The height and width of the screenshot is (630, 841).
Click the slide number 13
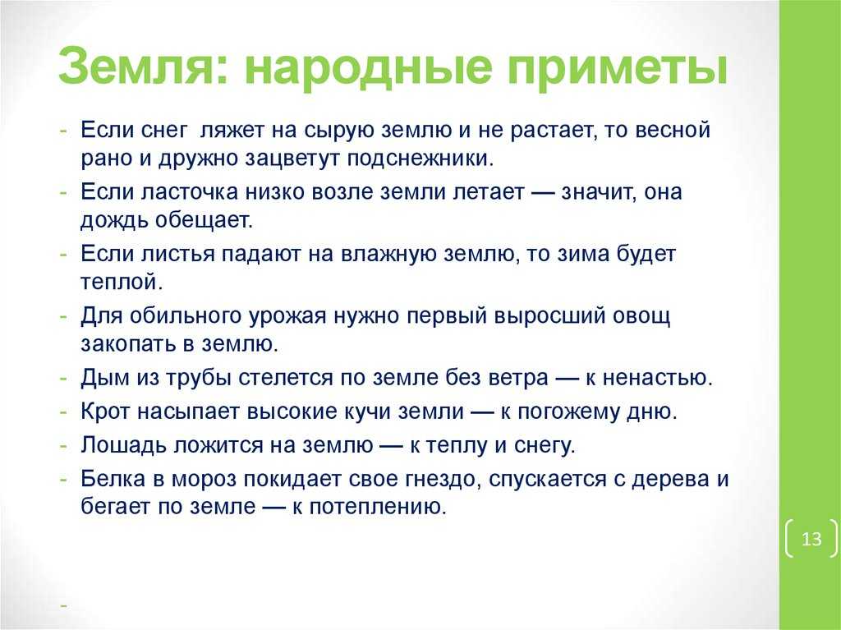811,538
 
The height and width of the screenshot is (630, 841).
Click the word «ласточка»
190,191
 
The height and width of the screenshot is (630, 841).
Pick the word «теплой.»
122,283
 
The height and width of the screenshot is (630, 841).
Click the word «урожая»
287,316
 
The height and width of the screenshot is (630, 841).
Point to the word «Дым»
105,377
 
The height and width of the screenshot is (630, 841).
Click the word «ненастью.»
658,378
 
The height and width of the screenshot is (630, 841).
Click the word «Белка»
113,479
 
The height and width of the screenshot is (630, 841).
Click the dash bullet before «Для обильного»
64,316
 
